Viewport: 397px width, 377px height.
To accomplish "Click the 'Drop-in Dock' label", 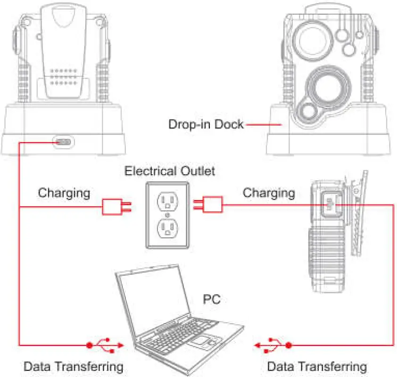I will coord(206,125).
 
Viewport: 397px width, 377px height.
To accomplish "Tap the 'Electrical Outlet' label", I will coord(169,170).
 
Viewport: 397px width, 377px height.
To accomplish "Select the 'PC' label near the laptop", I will coord(211,298).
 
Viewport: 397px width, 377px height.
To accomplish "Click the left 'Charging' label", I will coord(64,193).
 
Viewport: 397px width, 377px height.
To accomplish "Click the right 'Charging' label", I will coord(269,193).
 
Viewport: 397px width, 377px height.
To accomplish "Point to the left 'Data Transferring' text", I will coord(74,366).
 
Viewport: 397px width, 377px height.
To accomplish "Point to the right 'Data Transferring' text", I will coord(317,366).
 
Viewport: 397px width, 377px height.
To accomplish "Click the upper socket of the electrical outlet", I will coord(167,201).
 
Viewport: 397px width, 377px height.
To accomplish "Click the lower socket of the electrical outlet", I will coord(167,228).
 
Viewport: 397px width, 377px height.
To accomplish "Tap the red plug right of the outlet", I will coord(212,205).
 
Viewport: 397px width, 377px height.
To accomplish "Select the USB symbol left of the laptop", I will coord(106,345).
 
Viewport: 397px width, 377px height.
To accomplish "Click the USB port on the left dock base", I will coord(63,142).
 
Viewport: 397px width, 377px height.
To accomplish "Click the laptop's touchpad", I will coord(205,340).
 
